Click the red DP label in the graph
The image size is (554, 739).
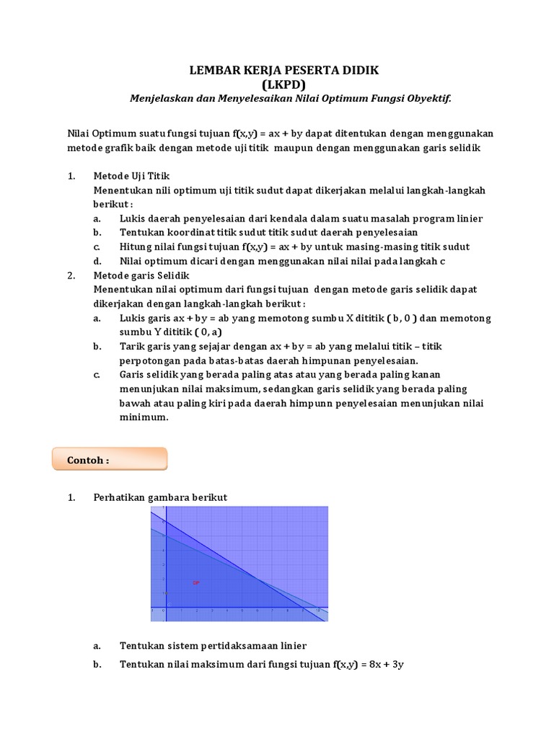tap(195, 582)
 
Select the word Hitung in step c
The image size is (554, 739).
tap(136, 247)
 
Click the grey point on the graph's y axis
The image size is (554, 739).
tap(165, 593)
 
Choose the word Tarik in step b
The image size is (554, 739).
tap(133, 346)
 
